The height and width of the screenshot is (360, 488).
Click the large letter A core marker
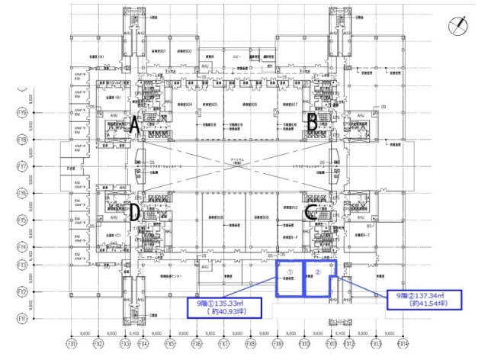point(134,124)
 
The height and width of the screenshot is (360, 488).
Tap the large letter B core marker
point(311,121)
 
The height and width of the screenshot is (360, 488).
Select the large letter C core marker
point(311,214)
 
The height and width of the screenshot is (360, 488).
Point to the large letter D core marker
point(134,211)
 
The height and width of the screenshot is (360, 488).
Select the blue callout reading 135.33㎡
point(224,307)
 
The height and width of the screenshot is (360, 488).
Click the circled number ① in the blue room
point(288,272)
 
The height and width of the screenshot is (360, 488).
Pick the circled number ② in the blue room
point(319,272)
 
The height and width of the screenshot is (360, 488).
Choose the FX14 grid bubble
point(403,344)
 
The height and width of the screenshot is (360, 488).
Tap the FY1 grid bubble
point(22,317)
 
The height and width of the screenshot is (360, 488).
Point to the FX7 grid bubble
point(223,344)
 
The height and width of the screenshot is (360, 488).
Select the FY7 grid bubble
point(22,166)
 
